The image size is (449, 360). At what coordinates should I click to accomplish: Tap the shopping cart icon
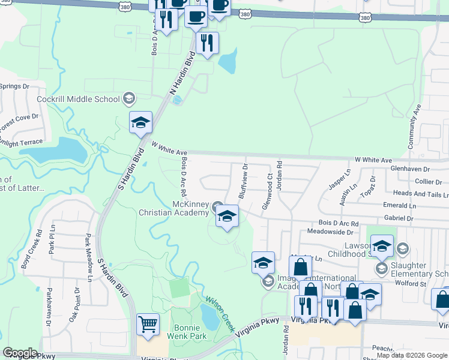tap(148, 325)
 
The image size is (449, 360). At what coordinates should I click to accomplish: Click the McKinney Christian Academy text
tap(173, 208)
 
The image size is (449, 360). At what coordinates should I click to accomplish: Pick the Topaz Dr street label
tap(372, 187)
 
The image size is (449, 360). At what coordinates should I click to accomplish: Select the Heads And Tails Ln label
tap(420, 194)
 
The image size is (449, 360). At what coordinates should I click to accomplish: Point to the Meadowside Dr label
tap(330, 231)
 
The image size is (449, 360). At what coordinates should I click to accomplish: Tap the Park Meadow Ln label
tap(88, 257)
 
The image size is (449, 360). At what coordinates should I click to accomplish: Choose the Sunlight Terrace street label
tap(22, 143)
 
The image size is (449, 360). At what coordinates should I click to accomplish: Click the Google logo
tap(20, 353)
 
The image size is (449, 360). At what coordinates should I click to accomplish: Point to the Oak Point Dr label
tap(77, 308)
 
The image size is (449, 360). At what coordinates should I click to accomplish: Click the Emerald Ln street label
tap(400, 205)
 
